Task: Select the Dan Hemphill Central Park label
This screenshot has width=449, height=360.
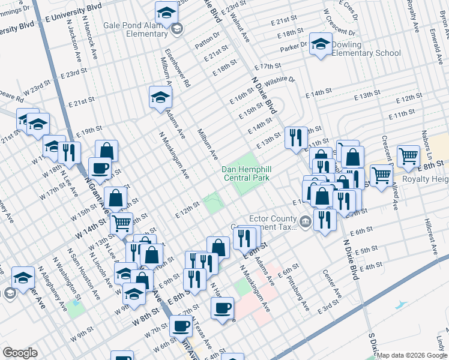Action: (x=246, y=173)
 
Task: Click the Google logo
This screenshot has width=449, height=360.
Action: (x=20, y=353)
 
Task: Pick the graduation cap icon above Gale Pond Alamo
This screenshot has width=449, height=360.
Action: (x=166, y=11)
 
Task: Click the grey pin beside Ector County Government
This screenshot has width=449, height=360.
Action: (x=305, y=223)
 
